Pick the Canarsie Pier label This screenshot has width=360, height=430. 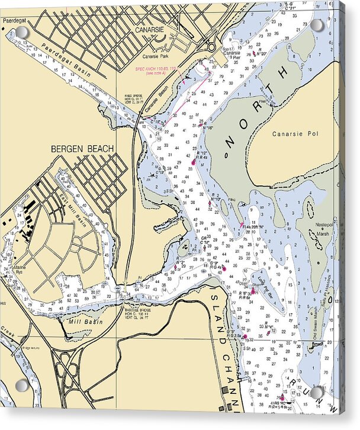pos(232,54)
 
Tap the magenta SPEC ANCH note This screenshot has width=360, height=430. pos(156,70)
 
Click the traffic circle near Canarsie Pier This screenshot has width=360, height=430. pos(211,47)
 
